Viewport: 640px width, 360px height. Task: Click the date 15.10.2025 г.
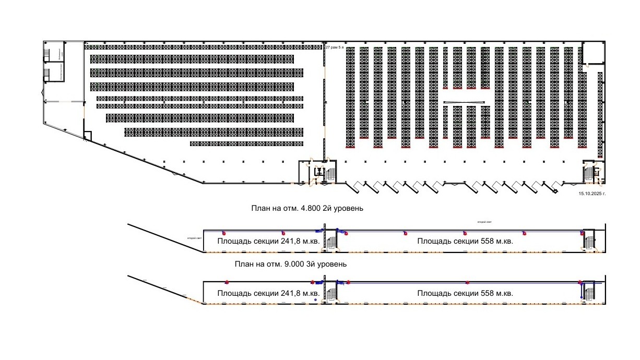[592, 193]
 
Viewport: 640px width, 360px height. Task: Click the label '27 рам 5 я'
[335, 47]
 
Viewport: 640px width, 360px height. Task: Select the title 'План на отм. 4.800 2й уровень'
[307, 208]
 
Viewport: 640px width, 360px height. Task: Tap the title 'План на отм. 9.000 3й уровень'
[291, 265]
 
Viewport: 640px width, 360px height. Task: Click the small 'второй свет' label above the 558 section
[484, 222]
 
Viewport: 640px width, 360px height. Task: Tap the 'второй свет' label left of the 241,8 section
[195, 238]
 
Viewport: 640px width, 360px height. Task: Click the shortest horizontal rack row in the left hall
[246, 143]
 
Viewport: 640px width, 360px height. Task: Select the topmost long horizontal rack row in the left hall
[203, 47]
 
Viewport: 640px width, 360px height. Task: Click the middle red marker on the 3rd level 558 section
[467, 283]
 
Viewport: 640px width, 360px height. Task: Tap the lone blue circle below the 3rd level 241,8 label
[315, 300]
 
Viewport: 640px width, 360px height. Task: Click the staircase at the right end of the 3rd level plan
[589, 291]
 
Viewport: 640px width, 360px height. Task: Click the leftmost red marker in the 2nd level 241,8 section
[224, 233]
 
